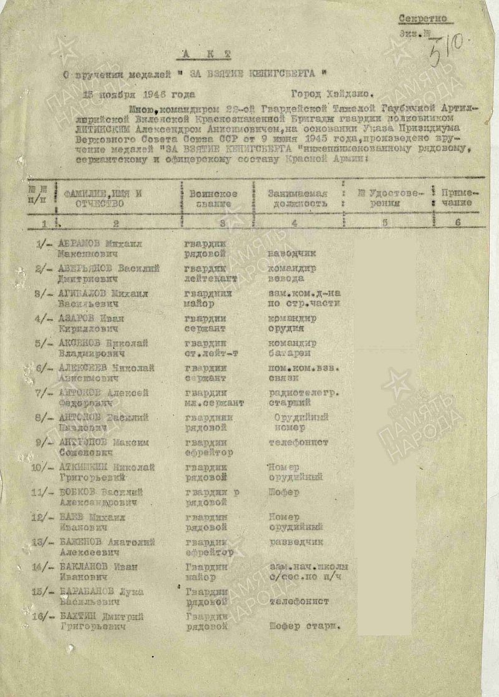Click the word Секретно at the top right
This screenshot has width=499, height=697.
pos(422,18)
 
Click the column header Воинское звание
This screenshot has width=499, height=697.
pos(213,198)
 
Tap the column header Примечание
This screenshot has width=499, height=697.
pos(460,198)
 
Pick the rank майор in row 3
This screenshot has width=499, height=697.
pos(200,304)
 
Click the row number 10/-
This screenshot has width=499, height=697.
pos(41,467)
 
